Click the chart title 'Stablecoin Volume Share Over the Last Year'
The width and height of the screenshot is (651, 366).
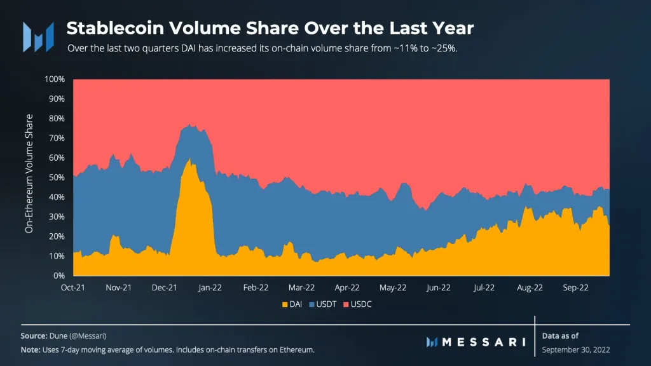(x=270, y=28)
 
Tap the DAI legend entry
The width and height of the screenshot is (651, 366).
(x=292, y=305)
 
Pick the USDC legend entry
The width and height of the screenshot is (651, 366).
(x=357, y=305)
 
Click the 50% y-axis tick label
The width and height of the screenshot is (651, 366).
(x=57, y=178)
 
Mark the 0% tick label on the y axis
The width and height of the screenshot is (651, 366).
(x=59, y=276)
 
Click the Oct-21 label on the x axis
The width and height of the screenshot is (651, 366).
(x=73, y=288)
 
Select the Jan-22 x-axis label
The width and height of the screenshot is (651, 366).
(x=210, y=288)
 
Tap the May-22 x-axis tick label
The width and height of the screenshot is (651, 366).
(x=393, y=288)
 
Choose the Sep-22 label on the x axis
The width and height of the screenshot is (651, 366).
(x=575, y=288)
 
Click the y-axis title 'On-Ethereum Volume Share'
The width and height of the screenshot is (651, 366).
(x=29, y=173)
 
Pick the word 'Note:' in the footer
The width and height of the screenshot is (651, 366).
(x=31, y=350)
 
